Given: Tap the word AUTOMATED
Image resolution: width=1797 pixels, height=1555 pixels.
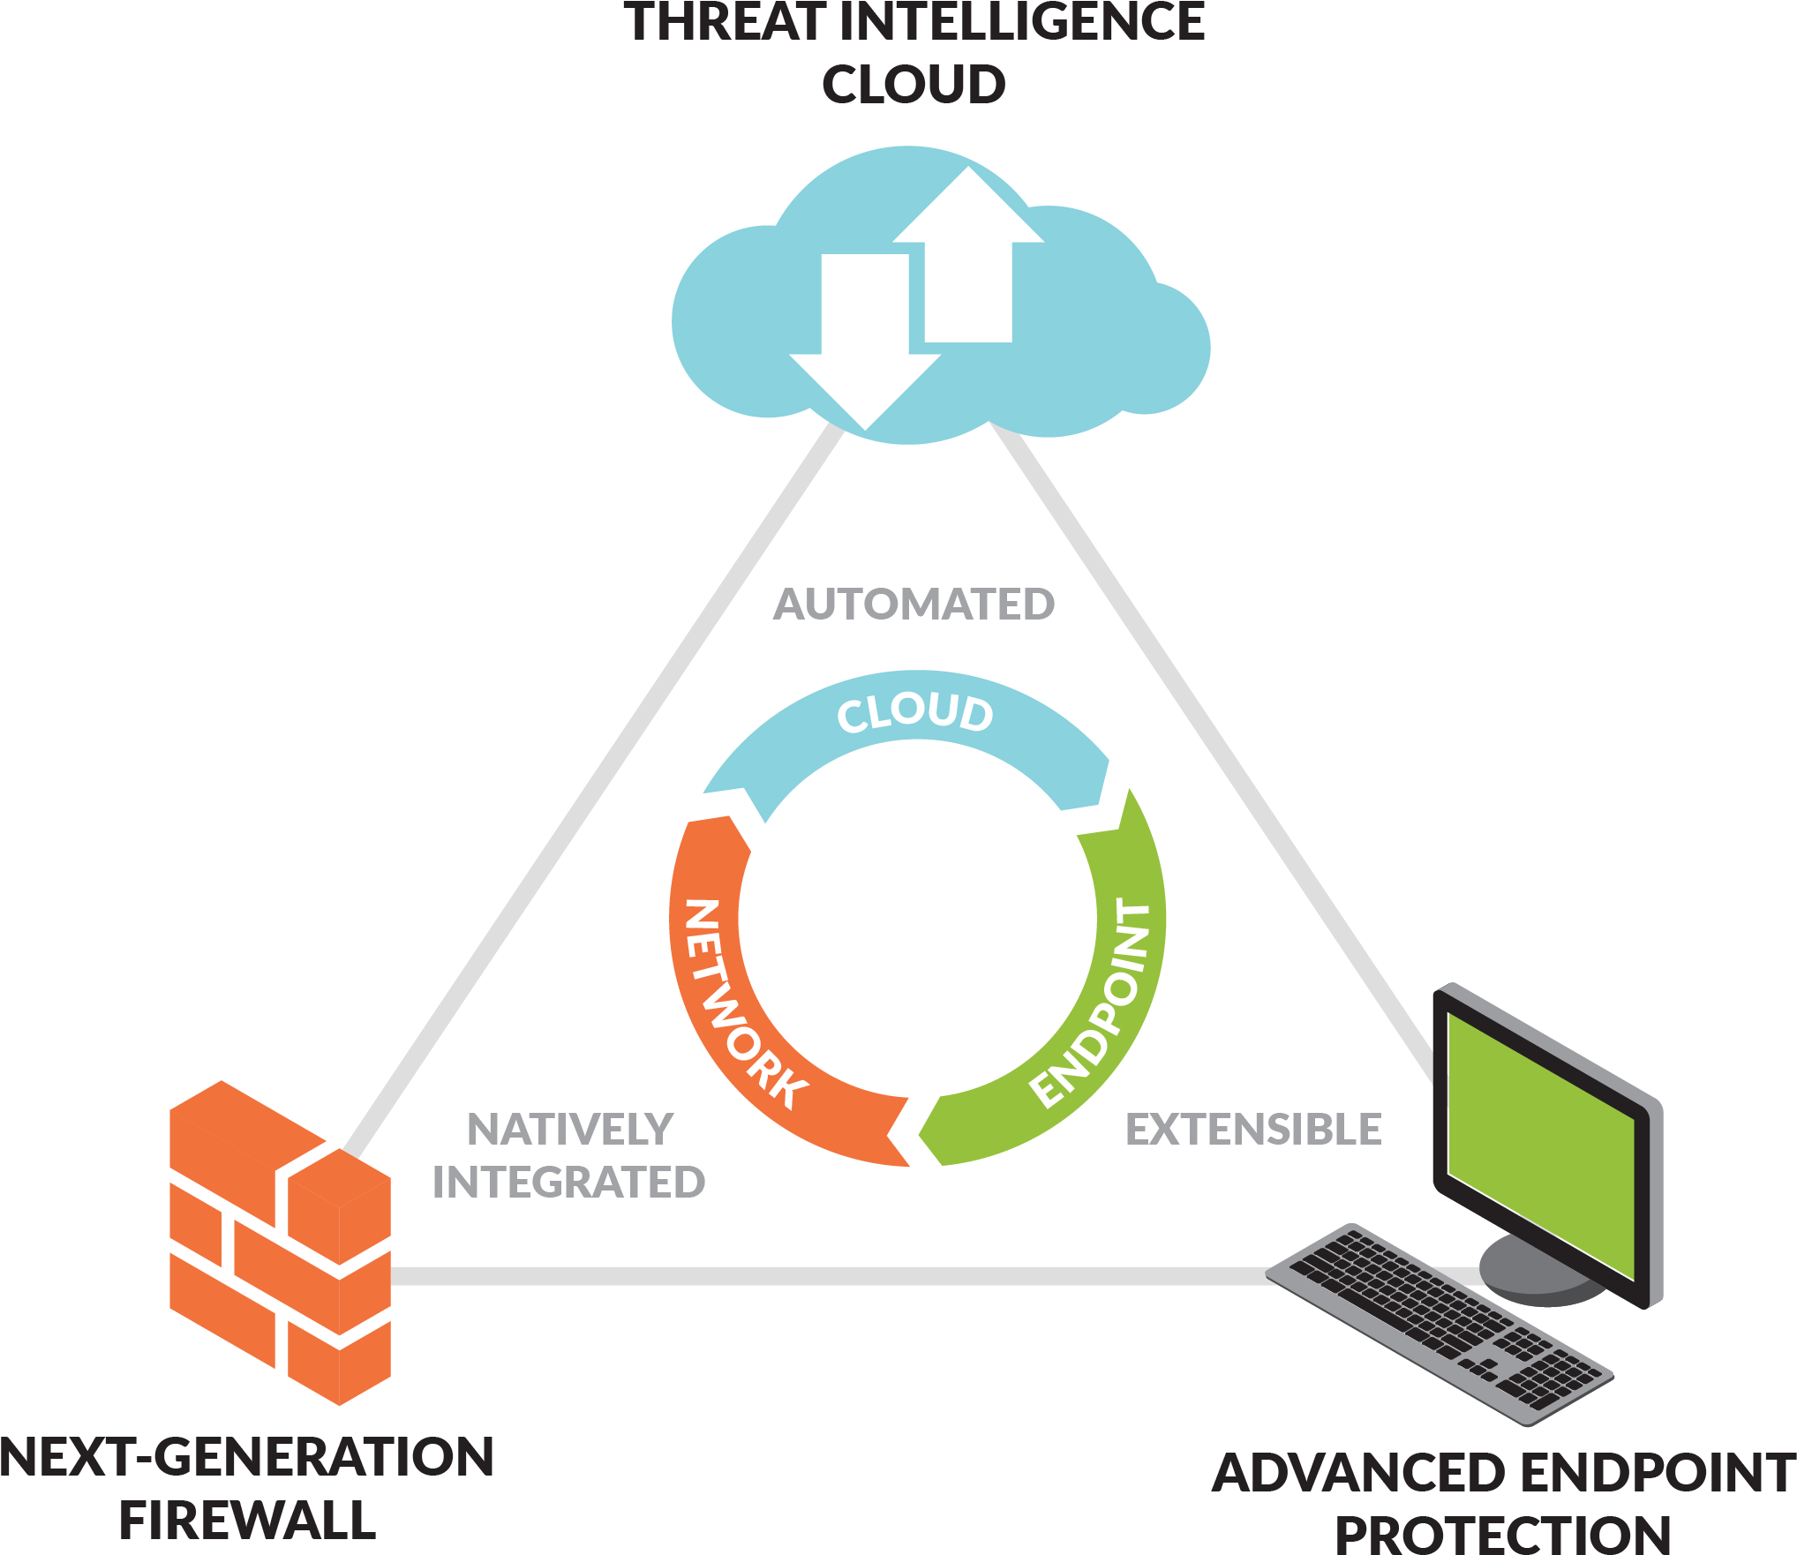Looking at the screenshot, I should click(914, 605).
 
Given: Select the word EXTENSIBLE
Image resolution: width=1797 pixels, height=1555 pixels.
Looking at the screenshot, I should click(1253, 1130).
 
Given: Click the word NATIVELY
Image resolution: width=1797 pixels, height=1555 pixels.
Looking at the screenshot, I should click(570, 1130).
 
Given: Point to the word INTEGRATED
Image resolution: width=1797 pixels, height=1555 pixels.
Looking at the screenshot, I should click(568, 1183).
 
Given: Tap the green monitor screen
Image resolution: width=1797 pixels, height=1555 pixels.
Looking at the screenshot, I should click(1540, 1138).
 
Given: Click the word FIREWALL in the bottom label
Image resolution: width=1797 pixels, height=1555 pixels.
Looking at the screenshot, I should click(247, 1520).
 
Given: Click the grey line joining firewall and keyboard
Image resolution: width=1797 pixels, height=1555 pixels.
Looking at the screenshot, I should click(794, 1276).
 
